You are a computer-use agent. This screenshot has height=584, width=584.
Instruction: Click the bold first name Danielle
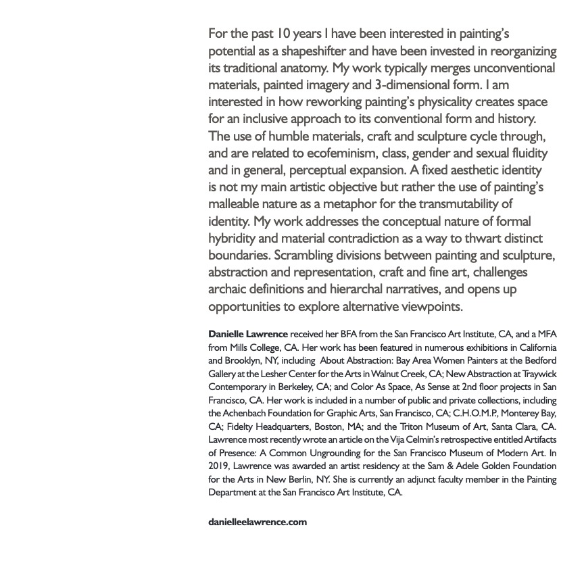tap(229, 335)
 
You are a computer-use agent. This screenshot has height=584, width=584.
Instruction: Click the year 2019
tap(219, 466)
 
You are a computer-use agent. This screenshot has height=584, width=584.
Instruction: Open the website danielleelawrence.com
tap(258, 522)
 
